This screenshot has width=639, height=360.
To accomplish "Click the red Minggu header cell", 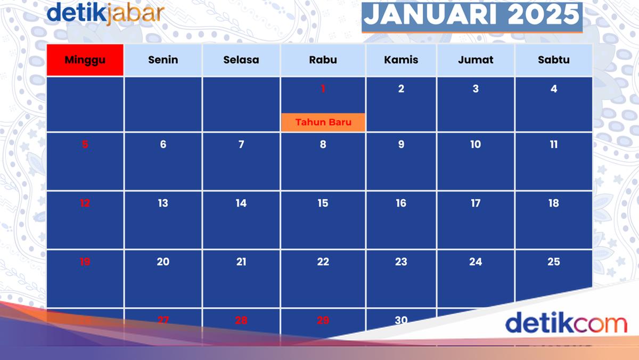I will [x=85, y=60].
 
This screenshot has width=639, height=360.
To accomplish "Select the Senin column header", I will [x=163, y=60].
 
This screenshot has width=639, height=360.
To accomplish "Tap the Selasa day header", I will [x=241, y=60].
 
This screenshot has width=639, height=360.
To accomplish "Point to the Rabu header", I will [x=323, y=60].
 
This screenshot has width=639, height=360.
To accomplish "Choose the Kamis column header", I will [x=401, y=60].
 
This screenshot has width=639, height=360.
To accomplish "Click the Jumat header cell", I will [x=476, y=60].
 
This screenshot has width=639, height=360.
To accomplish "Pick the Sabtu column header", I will [x=554, y=60].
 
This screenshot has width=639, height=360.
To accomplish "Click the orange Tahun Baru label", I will [x=323, y=122].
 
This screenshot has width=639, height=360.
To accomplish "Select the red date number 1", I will [x=323, y=89].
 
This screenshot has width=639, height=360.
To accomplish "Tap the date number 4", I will [x=554, y=89].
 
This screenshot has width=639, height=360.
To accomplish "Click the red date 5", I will [x=85, y=144].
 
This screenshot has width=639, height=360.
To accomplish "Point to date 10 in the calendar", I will [x=476, y=144].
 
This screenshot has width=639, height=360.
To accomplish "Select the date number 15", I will [x=323, y=203].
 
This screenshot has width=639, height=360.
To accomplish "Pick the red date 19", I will [x=85, y=261].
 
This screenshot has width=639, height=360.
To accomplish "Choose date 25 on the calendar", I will [x=554, y=261].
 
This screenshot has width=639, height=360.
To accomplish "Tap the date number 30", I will [x=401, y=320].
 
